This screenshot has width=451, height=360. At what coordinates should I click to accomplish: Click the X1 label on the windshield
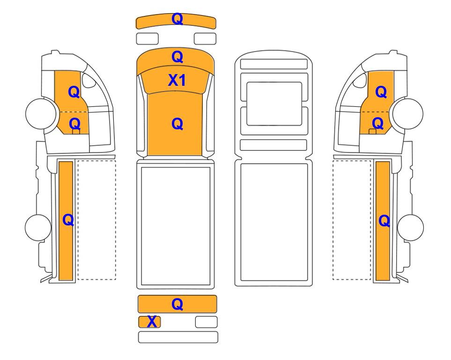point(177,80)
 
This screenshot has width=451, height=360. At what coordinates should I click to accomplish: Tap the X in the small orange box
point(152,322)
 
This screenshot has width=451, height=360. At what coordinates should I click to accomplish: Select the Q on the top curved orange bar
point(177,19)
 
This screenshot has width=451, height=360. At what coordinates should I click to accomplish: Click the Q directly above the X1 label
point(177,57)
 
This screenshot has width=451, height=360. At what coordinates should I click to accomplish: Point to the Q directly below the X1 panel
point(177,124)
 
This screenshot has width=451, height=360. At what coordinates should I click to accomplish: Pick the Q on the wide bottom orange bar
point(177,304)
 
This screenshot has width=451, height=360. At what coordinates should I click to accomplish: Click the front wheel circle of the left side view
point(41,113)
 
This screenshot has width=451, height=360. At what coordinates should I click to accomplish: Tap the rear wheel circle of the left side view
point(38,227)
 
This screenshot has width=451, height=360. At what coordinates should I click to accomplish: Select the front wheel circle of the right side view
point(408,113)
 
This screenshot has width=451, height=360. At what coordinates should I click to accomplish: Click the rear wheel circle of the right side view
point(410,227)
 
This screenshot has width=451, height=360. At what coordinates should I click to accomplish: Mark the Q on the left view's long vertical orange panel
point(68,220)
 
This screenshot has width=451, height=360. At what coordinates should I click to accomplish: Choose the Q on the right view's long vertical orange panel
point(384,221)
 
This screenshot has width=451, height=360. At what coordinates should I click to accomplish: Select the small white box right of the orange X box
point(206,322)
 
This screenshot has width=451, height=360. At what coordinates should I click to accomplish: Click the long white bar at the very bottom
point(178,337)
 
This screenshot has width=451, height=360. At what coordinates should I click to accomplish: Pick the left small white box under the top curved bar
point(147,39)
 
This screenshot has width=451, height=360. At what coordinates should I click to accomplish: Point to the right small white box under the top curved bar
point(205,39)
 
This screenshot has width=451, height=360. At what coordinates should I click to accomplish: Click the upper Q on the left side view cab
point(74,92)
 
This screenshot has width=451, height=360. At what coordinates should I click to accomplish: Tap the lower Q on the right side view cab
point(377,123)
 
